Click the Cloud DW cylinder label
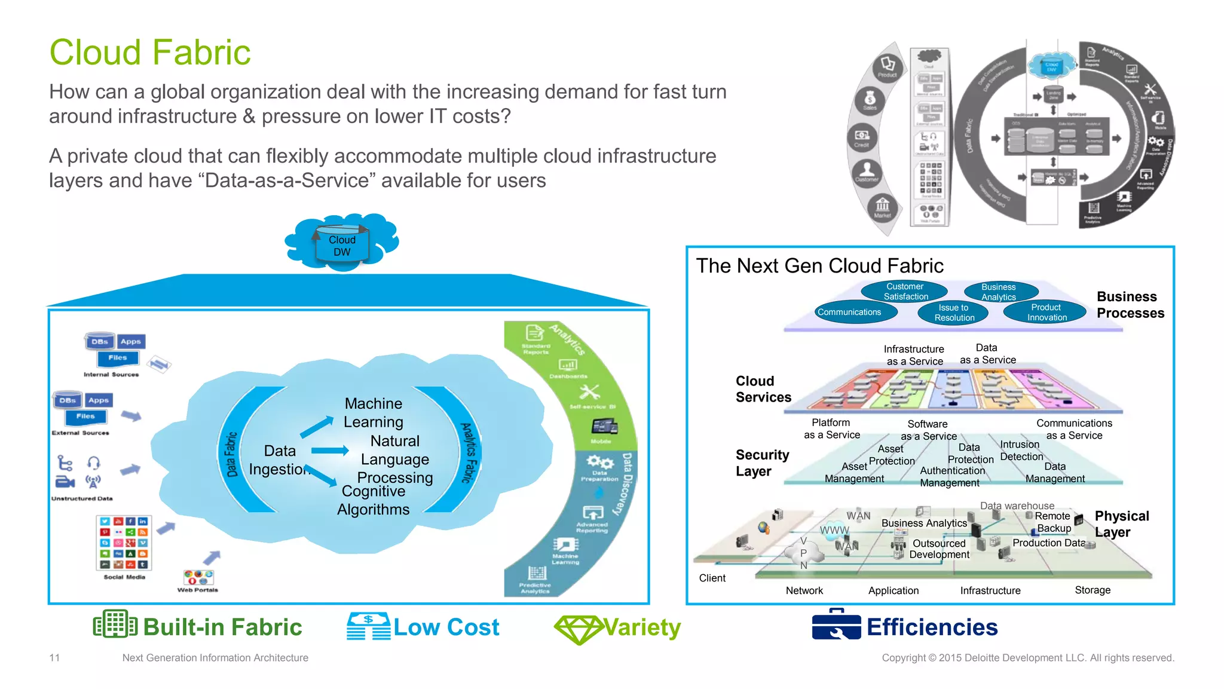coord(342,246)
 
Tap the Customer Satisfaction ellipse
coord(905,292)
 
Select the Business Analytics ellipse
coord(998,292)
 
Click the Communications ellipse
coord(849,312)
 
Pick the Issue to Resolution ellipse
coord(954,313)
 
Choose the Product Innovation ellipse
coord(1046,312)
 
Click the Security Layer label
coord(762,463)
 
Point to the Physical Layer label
coord(1121,523)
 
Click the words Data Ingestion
coord(280,460)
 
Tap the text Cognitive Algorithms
coord(374,500)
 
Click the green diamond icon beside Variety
coord(578,629)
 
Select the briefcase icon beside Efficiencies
coord(836,625)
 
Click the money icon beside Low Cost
coord(368,626)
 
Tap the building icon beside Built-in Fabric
coord(115,624)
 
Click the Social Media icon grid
coord(124,543)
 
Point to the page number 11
coord(54,658)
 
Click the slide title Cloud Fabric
coord(150,53)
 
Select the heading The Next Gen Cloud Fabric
coord(819,266)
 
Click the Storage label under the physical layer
coord(1092,590)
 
